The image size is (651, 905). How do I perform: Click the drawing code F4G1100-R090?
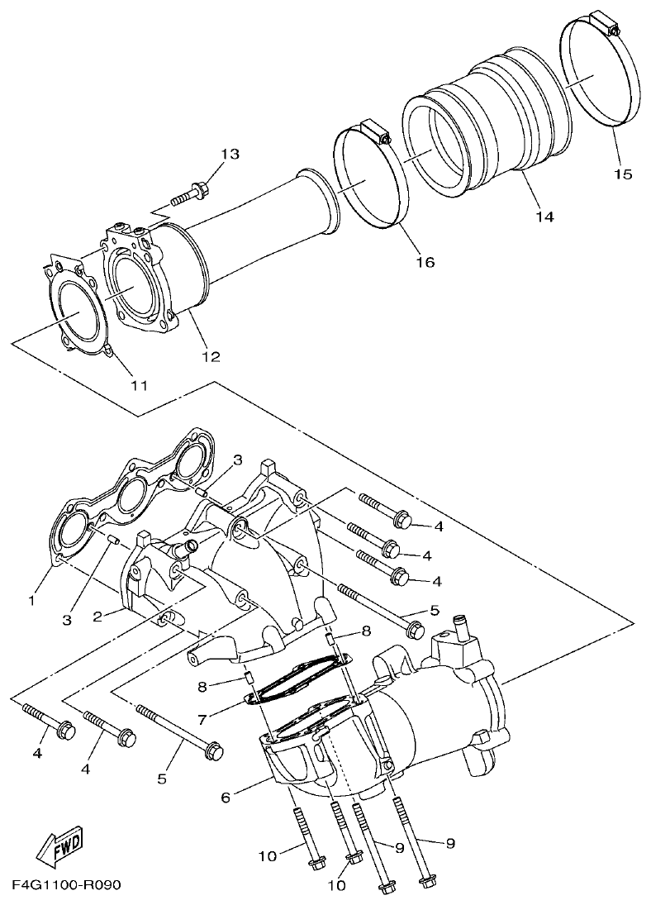coord(67,885)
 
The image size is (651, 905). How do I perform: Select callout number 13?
coord(229,155)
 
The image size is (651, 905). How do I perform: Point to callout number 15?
coord(622,174)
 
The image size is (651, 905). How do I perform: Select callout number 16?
coord(425,262)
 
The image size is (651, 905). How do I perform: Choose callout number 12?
coord(211,357)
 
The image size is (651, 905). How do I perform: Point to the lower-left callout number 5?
coord(162,779)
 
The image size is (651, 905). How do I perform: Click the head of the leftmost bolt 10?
coord(314,864)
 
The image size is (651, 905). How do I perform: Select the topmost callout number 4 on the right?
coord(439,526)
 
